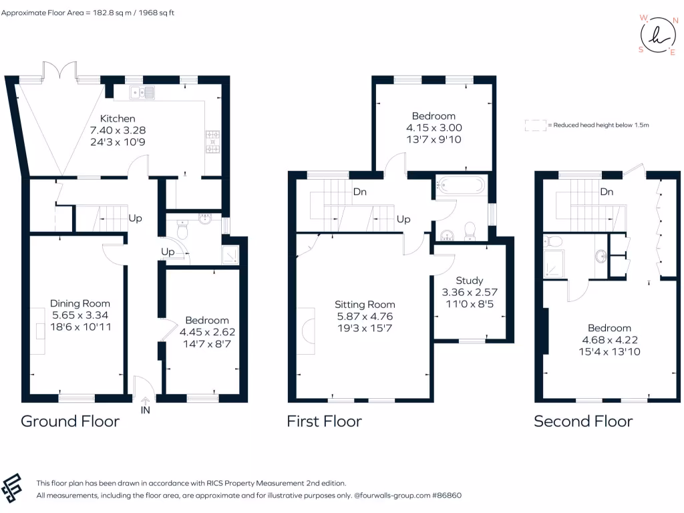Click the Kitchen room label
click(118, 119)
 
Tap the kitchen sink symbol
click(142, 92)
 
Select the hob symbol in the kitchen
click(213, 142)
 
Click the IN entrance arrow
click(145, 401)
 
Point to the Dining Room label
click(80, 304)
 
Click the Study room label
click(470, 281)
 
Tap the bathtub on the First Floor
click(461, 185)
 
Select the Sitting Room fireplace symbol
click(307, 331)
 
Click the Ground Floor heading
click(70, 421)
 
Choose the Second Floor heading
click(583, 421)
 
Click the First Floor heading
click(324, 421)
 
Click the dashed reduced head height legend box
click(535, 125)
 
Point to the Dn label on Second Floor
click(607, 192)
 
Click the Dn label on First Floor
click(360, 192)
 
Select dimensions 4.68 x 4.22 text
click(610, 340)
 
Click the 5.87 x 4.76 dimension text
click(365, 316)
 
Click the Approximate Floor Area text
click(88, 13)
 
